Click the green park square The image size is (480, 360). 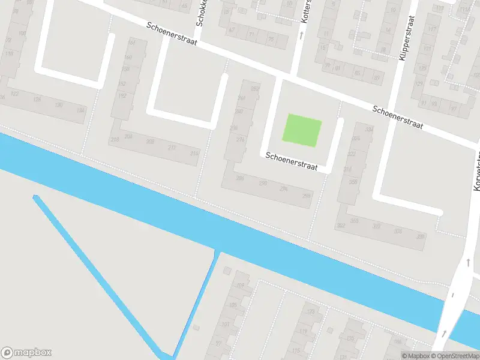point(302,130)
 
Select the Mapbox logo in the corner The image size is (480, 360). point(26,353)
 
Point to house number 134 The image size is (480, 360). point(80,110)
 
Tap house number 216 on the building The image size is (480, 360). point(194,154)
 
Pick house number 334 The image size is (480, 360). point(369,129)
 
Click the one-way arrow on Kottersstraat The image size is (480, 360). point(301,35)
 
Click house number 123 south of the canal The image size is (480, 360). point(311,312)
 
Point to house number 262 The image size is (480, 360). point(256,89)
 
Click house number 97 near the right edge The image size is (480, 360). point(454,109)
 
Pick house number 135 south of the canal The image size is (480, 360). point(349,338)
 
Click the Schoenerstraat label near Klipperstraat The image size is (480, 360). point(397,118)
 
